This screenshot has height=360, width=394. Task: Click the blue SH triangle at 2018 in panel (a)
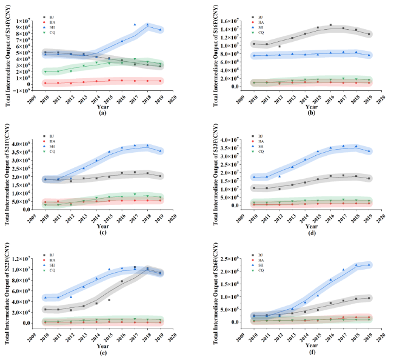(x=147, y=25)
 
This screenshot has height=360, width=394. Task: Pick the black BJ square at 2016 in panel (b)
(x=330, y=25)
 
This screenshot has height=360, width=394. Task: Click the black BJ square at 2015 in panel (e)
(x=109, y=300)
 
